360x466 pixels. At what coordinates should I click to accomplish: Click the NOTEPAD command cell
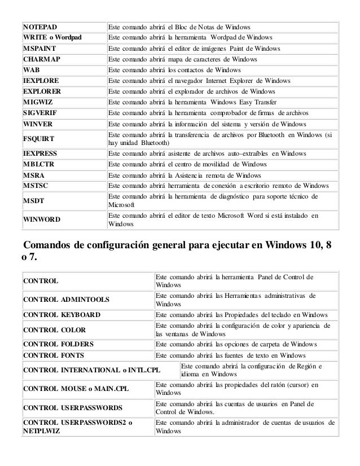[x=40, y=27]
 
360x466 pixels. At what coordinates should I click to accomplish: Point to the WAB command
[x=32, y=70]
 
